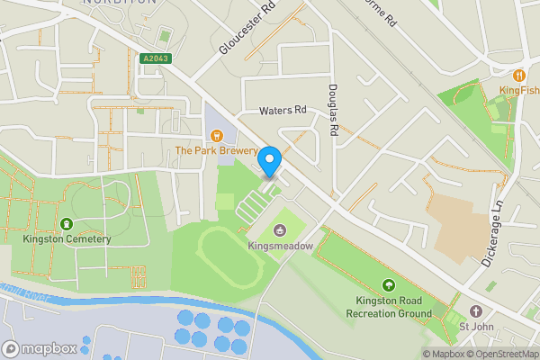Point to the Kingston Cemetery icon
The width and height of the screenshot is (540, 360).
click(66, 223)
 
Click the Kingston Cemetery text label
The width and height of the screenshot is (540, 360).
click(67, 238)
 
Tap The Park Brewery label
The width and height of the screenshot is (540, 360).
click(216, 151)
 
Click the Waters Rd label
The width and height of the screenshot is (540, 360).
click(283, 111)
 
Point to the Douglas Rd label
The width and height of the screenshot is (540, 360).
click(332, 110)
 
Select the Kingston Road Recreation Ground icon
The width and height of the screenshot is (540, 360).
click(388, 286)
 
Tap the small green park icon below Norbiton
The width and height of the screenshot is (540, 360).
click(164, 36)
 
